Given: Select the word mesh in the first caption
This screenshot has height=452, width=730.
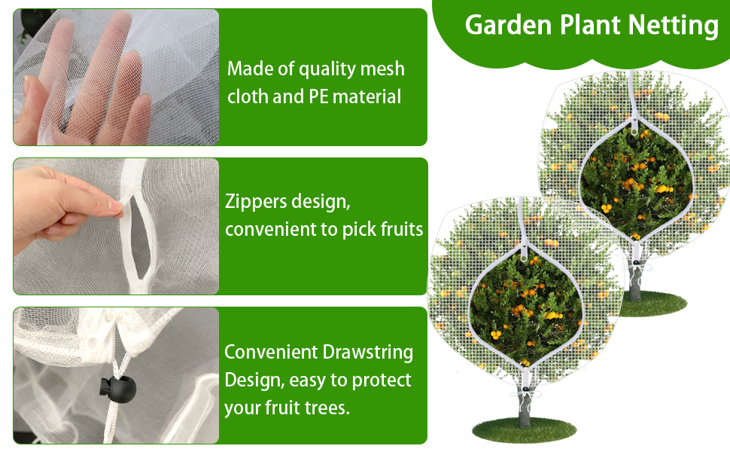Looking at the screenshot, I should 382,69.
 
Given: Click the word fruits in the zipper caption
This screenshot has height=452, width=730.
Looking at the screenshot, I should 397,229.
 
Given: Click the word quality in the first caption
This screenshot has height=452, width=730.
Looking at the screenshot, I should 327,69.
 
